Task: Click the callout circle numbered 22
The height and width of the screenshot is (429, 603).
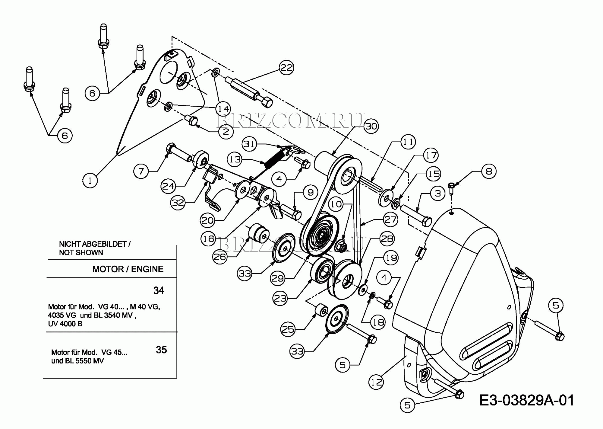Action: [x=286, y=68]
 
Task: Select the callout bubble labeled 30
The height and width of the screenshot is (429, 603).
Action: [x=371, y=126]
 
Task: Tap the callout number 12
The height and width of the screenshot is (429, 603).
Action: [x=376, y=382]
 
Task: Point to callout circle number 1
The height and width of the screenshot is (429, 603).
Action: [x=90, y=181]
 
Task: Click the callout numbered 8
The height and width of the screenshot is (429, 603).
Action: [x=489, y=171]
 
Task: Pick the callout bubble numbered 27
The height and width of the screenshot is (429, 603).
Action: [x=390, y=219]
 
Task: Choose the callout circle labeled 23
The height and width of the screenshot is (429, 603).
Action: [x=280, y=298]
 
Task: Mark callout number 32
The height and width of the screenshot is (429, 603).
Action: [x=178, y=202]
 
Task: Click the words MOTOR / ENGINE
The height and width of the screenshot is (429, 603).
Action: [x=128, y=269]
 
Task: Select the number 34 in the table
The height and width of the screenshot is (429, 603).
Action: [x=159, y=290]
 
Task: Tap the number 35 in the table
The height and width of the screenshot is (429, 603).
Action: [x=161, y=350]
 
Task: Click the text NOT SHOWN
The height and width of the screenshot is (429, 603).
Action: [x=81, y=252]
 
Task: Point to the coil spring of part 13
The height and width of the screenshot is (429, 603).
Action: [x=275, y=159]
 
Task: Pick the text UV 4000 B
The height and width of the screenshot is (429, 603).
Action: [x=65, y=324]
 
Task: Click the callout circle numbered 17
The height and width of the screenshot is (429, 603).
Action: [x=431, y=155]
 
